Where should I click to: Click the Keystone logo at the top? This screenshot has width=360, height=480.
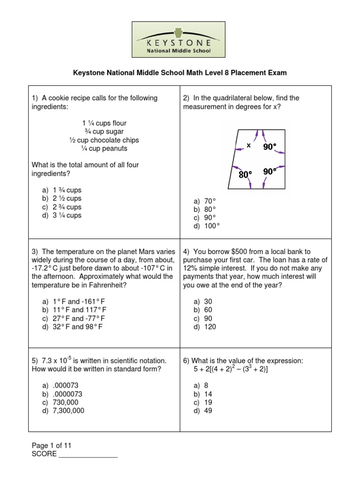[x=180, y=40]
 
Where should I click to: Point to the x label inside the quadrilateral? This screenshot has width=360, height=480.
[x=249, y=145]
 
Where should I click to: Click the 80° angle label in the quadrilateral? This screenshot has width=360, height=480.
[x=245, y=174]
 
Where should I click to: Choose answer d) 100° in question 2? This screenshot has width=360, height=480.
[x=207, y=226]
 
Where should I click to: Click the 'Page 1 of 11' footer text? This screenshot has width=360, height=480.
[x=52, y=446]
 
